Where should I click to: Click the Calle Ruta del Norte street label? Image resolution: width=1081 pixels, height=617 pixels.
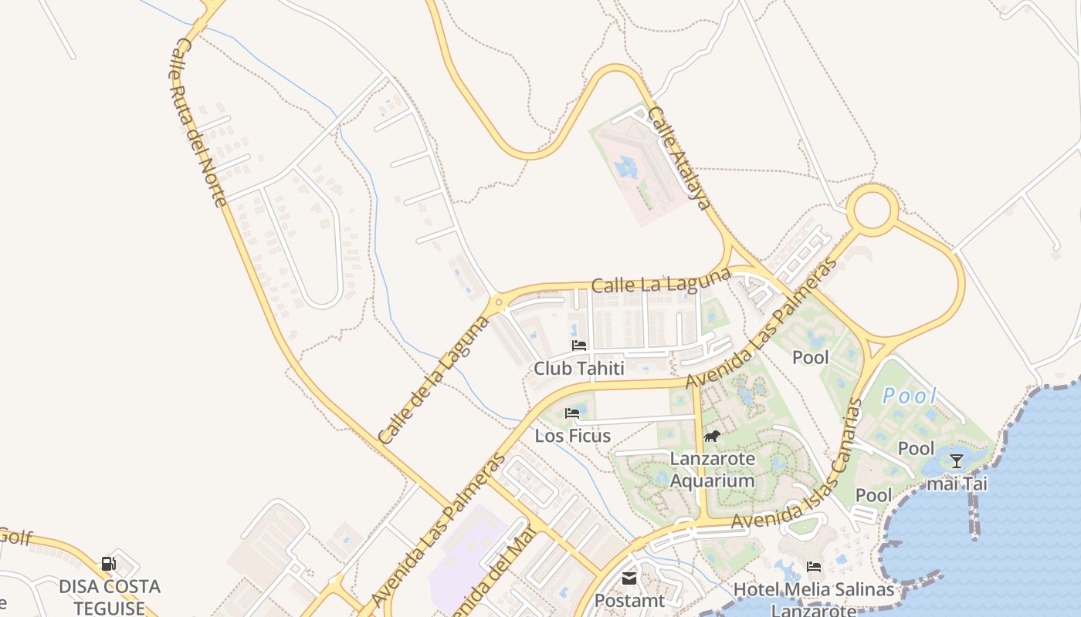[x=198, y=123]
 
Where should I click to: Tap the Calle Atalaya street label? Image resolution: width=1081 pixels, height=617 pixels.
[x=679, y=158]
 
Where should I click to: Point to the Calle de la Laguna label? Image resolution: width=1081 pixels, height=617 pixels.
[x=434, y=379]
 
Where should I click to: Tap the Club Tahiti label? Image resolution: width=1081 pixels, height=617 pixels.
[x=578, y=369]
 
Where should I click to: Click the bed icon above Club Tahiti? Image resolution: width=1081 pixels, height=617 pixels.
[x=579, y=346]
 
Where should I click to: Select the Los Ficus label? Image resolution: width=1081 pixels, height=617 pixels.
[x=573, y=436]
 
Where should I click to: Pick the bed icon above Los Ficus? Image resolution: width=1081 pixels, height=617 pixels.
[x=572, y=413]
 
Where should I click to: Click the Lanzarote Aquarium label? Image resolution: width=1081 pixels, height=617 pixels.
[x=712, y=470]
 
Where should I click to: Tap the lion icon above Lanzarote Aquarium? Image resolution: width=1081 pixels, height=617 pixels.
[x=712, y=437]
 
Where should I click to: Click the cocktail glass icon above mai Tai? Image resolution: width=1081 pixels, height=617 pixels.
[x=957, y=461]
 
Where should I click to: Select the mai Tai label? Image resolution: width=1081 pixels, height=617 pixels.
[x=957, y=484]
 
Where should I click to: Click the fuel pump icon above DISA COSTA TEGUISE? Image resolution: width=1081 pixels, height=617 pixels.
[x=109, y=564]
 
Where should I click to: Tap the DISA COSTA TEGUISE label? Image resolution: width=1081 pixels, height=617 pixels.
[x=110, y=597]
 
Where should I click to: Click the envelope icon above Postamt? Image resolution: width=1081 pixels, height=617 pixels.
[x=629, y=578]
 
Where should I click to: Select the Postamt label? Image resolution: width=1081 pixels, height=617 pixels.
[x=630, y=600]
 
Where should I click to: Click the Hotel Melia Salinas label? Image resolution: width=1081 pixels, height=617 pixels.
[x=814, y=590]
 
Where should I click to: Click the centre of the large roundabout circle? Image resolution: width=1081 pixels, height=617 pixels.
[x=873, y=209]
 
